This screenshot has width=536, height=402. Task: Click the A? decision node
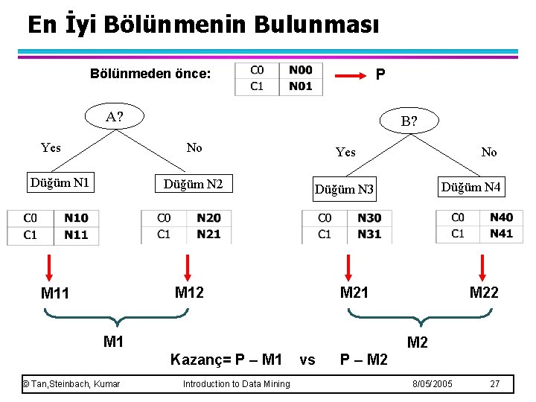pyautogui.click(x=115, y=117)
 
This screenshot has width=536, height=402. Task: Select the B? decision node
pyautogui.click(x=409, y=121)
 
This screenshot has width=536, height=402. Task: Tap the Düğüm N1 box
pyautogui.click(x=60, y=182)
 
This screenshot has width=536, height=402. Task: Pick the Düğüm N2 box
pyautogui.click(x=193, y=183)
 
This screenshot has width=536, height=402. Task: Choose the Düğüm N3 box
pyautogui.click(x=344, y=189)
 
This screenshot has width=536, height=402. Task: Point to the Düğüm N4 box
pyautogui.click(x=471, y=188)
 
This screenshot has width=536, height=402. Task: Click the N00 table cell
pyautogui.click(x=301, y=71)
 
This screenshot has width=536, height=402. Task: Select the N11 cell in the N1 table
pyautogui.click(x=76, y=234)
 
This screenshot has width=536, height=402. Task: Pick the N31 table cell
pyautogui.click(x=369, y=234)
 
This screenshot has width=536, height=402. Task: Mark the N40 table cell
pyautogui.click(x=501, y=217)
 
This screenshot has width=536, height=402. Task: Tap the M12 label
pyautogui.click(x=189, y=293)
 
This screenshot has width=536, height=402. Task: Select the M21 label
pyautogui.click(x=354, y=293)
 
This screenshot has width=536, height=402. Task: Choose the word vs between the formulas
pyautogui.click(x=307, y=360)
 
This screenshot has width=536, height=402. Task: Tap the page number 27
pyautogui.click(x=495, y=384)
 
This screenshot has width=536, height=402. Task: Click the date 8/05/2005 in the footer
pyautogui.click(x=433, y=384)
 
